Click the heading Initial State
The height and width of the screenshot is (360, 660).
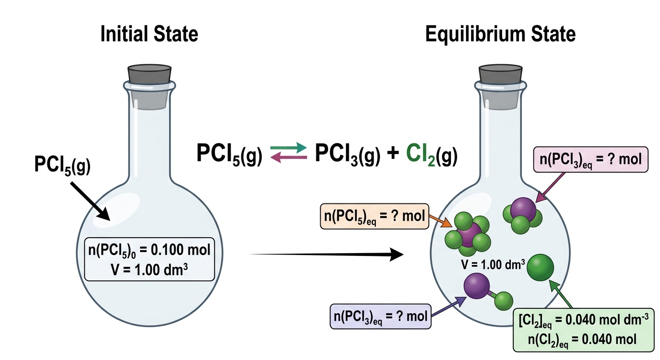pos(149,34)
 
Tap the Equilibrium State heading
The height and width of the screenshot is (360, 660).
pos(500,34)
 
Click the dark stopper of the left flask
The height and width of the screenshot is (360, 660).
pos(150,74)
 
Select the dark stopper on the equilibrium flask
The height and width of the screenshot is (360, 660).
pos(501,74)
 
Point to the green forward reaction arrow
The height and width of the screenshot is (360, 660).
pos(288,148)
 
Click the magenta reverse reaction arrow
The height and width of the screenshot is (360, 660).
pos(288,158)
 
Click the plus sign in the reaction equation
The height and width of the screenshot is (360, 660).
pos(393,154)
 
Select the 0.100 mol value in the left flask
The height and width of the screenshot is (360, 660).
pos(180,250)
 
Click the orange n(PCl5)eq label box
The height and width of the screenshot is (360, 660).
pos(375,216)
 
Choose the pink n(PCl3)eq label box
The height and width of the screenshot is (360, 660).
pos(591,159)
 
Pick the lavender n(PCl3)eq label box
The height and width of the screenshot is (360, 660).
pos(380,316)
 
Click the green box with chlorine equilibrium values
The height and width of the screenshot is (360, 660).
pos(584,330)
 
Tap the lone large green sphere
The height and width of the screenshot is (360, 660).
pos(540,268)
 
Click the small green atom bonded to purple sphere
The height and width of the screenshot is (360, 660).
pos(503,301)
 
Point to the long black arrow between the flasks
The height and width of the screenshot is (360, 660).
pos(326,254)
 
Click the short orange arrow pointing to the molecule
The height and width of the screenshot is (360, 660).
pos(440,221)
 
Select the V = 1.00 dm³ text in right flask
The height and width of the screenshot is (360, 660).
pos(493,265)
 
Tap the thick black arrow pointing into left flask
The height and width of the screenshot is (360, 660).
pos(90,201)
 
